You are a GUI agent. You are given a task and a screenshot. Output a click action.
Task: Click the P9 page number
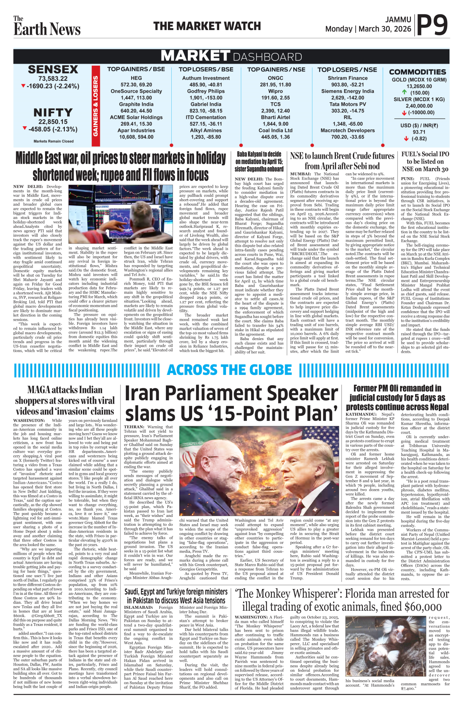[x=433, y=25]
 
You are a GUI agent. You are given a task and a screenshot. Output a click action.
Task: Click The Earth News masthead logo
[x=47, y=26]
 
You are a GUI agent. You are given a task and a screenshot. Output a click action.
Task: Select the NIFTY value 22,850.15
[x=53, y=122]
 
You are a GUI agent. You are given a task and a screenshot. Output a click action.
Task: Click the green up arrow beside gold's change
[x=404, y=92]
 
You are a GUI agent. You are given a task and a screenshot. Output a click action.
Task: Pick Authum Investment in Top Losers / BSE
[x=206, y=78]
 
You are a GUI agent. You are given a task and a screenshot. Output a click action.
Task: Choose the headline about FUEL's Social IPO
[x=425, y=161]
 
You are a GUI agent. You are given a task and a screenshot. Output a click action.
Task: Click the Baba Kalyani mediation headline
[x=259, y=162]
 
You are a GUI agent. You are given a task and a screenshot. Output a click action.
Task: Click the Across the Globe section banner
[x=230, y=370]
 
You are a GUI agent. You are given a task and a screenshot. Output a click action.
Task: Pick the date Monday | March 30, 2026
[x=368, y=29]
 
